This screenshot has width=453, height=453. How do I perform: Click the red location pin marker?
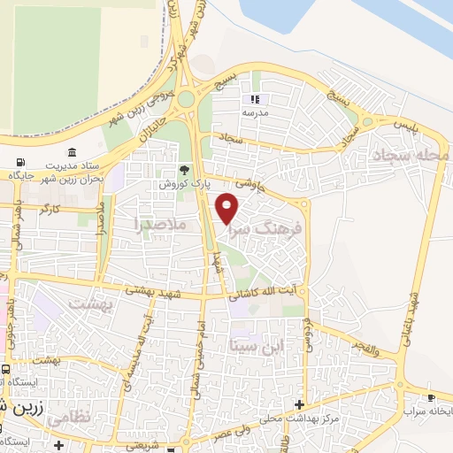pyautogui.click(x=228, y=209)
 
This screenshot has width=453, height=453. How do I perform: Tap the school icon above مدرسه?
pyautogui.click(x=256, y=100)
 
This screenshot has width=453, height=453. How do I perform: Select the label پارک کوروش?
pyautogui.click(x=177, y=184)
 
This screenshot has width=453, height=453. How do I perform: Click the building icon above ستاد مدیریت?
pyautogui.click(x=71, y=152)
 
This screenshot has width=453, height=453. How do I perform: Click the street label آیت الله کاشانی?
pyautogui.click(x=265, y=293)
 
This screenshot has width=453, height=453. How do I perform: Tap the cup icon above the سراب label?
pyautogui.click(x=432, y=397)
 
